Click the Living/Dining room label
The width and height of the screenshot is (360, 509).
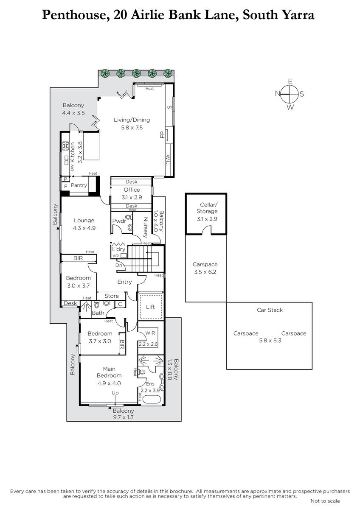pyautogui.click(x=132, y=120)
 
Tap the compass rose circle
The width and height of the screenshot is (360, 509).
pyautogui.click(x=289, y=94)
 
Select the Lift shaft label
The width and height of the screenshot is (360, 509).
pyautogui.click(x=150, y=307)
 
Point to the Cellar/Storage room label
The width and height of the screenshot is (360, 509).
pyautogui.click(x=207, y=208)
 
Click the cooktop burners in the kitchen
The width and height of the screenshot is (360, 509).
pyautogui.click(x=65, y=146)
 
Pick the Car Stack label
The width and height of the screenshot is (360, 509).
pyautogui.click(x=270, y=310)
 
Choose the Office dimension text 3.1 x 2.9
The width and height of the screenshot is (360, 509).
pyautogui.click(x=132, y=197)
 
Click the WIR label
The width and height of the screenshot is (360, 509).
pyautogui.click(x=150, y=333)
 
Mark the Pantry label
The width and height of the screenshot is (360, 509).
pyautogui.click(x=79, y=185)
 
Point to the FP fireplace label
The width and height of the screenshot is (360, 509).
pyautogui.click(x=162, y=135)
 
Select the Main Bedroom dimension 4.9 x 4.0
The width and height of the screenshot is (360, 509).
pyautogui.click(x=109, y=383)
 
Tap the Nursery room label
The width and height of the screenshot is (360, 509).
pyautogui.click(x=145, y=227)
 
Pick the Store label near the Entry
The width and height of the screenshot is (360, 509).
pyautogui.click(x=112, y=296)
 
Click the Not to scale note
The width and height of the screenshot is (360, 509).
pyautogui.click(x=325, y=501)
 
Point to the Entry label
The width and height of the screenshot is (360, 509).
pyautogui.click(x=124, y=282)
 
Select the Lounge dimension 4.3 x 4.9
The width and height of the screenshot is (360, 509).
pyautogui.click(x=84, y=228)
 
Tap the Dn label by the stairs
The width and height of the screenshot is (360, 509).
pyautogui.click(x=119, y=265)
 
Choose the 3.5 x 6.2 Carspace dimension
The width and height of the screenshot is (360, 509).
pyautogui.click(x=205, y=272)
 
